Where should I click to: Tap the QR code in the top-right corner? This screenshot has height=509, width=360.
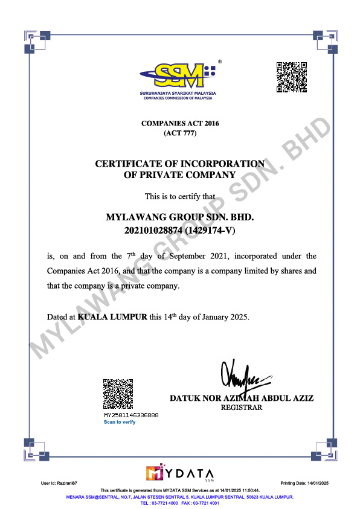292,77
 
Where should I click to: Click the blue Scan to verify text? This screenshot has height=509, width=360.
120,422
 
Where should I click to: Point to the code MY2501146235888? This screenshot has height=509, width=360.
131,415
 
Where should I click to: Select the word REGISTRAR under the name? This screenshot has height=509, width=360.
242,408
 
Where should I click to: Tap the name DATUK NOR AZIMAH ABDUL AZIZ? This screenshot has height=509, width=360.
242,399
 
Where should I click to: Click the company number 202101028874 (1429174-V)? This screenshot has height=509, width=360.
180,229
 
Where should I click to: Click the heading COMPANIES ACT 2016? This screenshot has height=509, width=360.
180,123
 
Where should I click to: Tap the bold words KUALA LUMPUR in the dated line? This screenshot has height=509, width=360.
112,317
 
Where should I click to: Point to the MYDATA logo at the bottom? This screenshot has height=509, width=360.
180,472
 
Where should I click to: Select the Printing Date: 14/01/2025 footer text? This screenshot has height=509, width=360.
305,484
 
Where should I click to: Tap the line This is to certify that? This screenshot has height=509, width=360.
180,196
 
